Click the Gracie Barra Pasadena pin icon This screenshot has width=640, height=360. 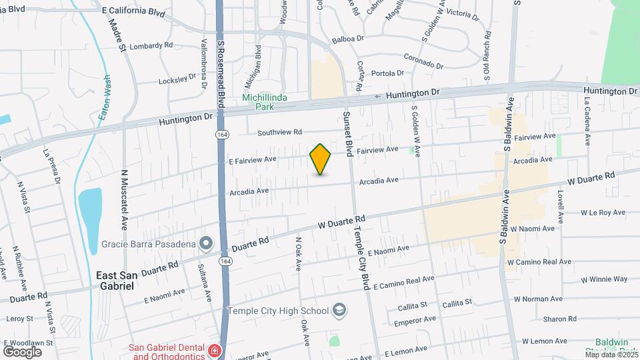[x=206, y=243]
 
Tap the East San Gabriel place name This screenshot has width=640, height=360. [x=115, y=280]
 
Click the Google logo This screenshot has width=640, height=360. [x=22, y=351]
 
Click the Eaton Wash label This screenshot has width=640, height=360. [x=105, y=97]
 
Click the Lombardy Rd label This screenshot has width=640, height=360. [x=151, y=45]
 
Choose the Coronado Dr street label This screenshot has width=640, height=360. [x=423, y=61]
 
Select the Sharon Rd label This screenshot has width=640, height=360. [x=541, y=319]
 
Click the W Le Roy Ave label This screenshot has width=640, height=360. [x=602, y=213]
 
